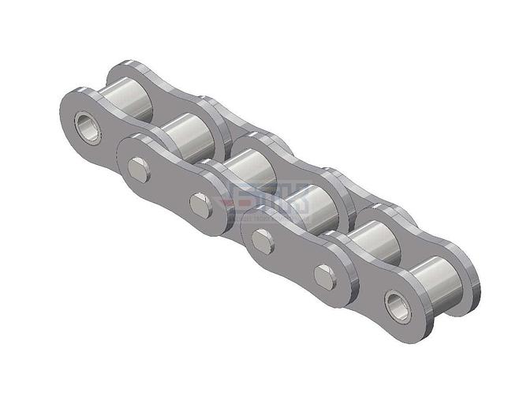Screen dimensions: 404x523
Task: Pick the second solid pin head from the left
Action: pyautogui.click(x=200, y=205)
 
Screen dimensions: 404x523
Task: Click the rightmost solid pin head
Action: pyautogui.click(x=324, y=276)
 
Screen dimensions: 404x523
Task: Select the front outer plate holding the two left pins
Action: pyautogui.click(x=170, y=185)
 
